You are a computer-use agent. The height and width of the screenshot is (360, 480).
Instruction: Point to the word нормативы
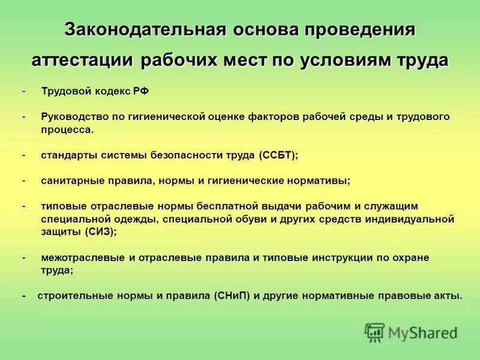[317, 180]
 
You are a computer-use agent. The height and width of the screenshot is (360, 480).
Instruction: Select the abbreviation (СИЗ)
[100, 232]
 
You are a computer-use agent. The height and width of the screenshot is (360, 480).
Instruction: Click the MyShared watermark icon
[374, 331]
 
